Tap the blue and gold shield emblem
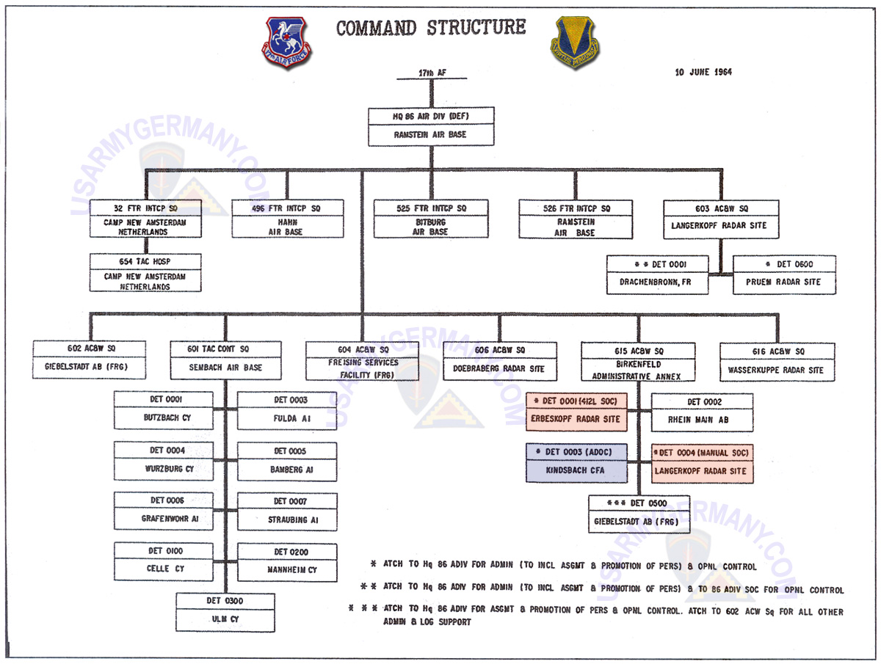coord(575,43)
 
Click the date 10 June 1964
coord(703,72)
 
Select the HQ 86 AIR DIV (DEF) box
coord(432,126)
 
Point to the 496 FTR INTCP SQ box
coord(288,218)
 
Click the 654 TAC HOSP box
coord(145,271)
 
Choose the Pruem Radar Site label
coord(784,282)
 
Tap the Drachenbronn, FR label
coord(658,282)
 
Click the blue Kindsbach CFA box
coord(577,470)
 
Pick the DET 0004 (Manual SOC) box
coord(703,462)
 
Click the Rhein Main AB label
coord(703,420)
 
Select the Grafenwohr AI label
coord(170,519)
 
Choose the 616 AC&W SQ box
coord(777,360)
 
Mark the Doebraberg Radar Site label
coord(498,369)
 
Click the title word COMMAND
coord(376,27)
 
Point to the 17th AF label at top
coord(431,73)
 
